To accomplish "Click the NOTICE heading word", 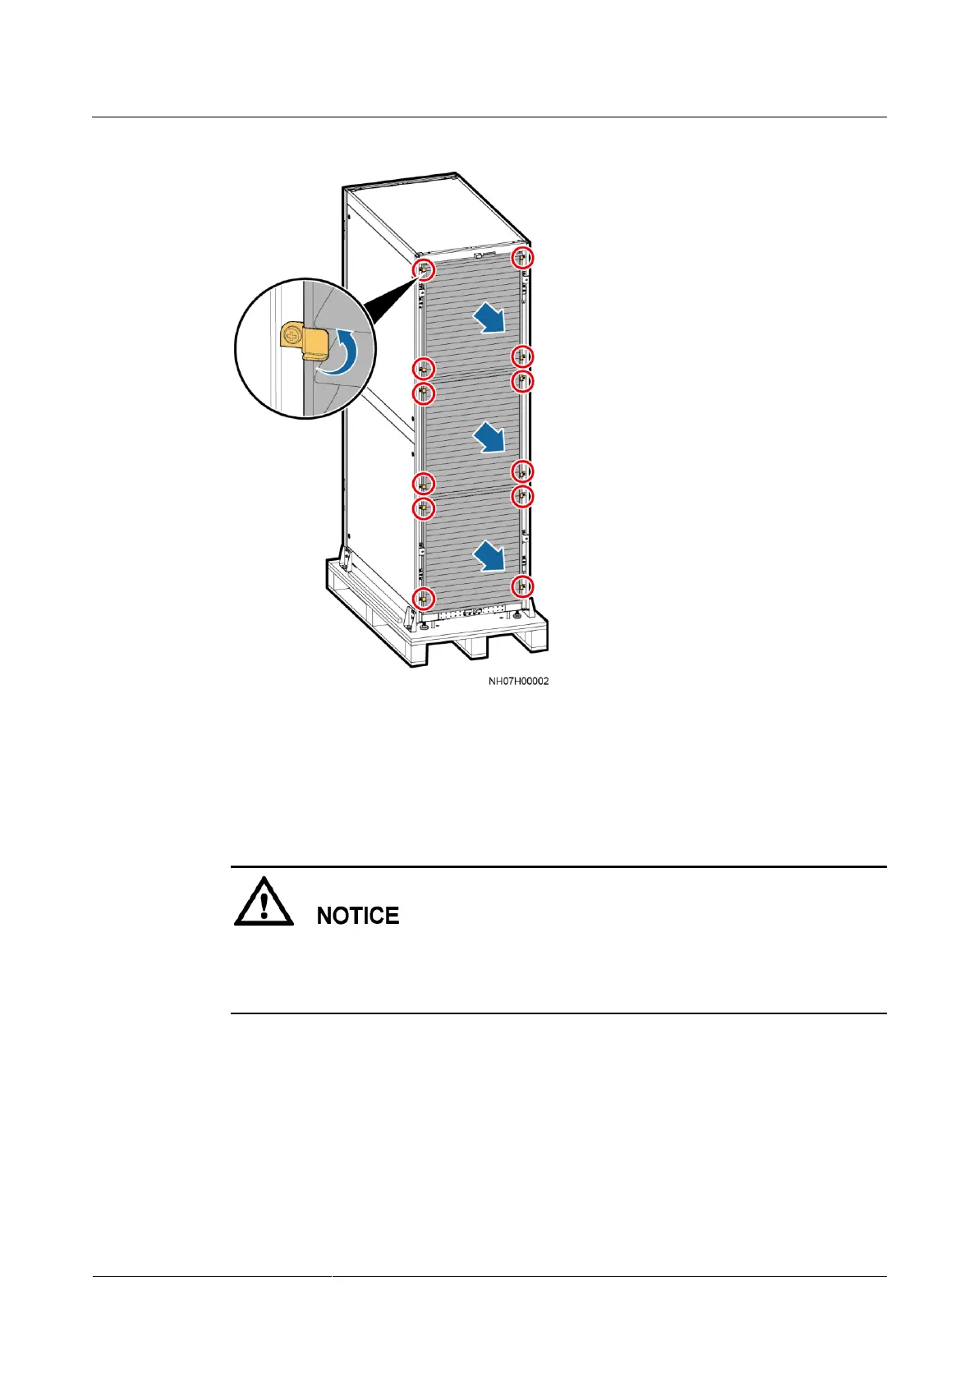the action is pos(358,916).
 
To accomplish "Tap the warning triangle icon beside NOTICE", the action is pos(264,903).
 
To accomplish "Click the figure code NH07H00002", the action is pos(518,681).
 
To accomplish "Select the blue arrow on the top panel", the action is pos(489,317).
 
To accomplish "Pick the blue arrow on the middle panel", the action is pos(489,436).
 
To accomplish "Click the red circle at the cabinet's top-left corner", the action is pos(423,269).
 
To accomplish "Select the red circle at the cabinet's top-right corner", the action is pos(523,259).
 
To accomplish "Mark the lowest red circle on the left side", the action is pos(423,598).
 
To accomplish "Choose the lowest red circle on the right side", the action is pos(523,586).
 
